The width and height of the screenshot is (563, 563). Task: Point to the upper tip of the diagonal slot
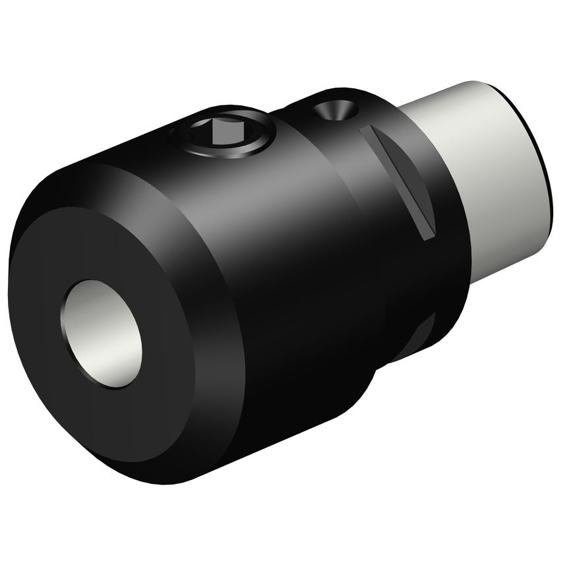coord(365,132)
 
